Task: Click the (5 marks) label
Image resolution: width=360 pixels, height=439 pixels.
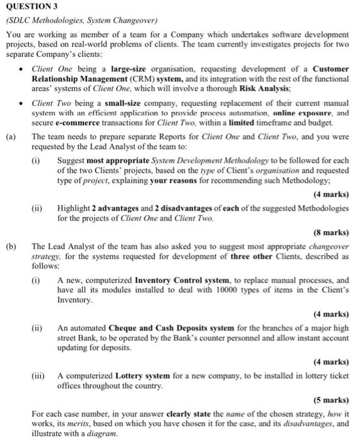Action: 331,399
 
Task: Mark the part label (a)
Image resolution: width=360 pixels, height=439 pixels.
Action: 11,136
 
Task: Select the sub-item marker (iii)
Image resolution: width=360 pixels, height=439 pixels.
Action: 40,376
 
